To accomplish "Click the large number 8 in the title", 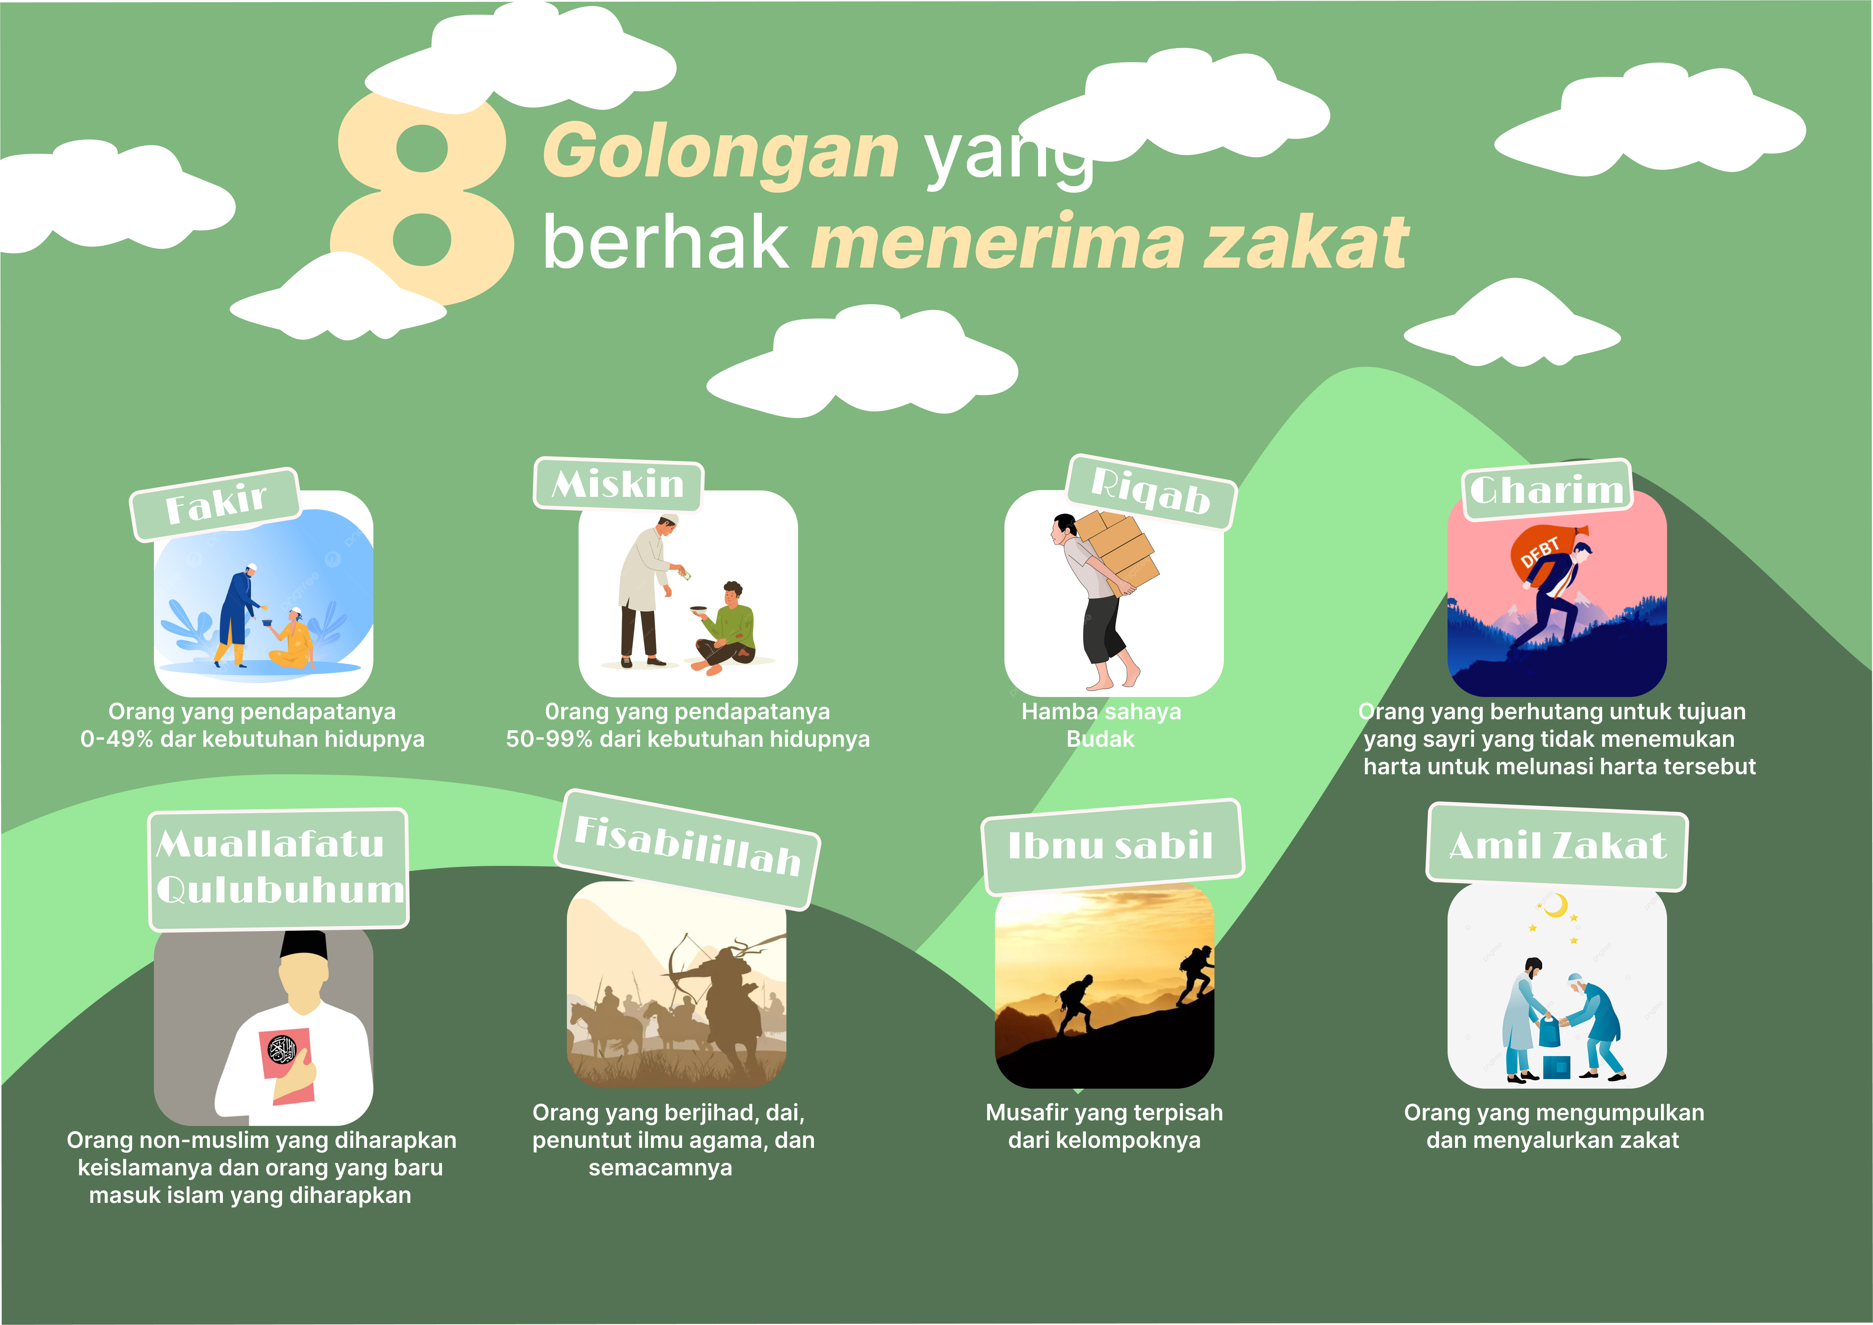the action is [422, 200].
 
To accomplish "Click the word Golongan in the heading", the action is [721, 152].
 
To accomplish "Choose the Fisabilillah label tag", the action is [687, 849].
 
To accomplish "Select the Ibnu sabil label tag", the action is [1112, 846].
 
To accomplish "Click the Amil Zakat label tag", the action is [1557, 847].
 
